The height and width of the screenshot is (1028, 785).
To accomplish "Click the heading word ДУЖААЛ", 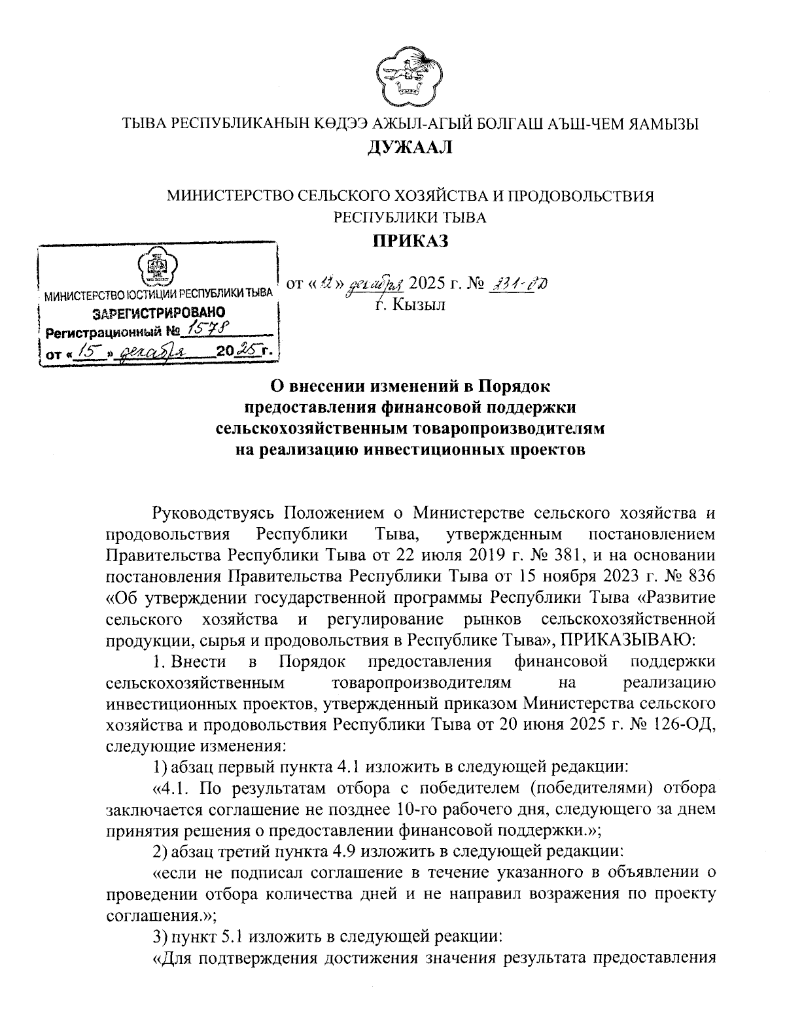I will (410, 147).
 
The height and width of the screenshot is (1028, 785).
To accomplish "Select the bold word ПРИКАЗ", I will (410, 241).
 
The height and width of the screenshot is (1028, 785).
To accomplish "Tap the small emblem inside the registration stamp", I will (157, 267).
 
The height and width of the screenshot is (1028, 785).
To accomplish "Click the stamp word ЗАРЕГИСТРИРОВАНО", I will (159, 313).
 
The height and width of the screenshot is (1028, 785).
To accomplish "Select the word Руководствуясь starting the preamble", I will (212, 513).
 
